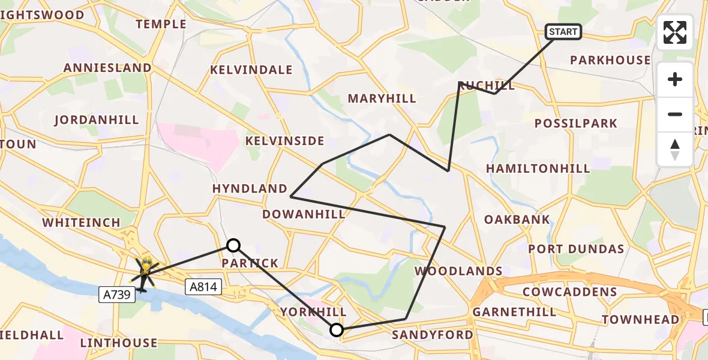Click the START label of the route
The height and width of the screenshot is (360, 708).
coord(563,32)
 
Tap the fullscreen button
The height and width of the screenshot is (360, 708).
coord(675,32)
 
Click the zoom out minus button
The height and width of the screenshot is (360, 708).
coord(675,114)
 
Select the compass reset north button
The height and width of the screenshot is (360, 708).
coord(675,149)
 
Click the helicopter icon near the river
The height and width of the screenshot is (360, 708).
coord(145,273)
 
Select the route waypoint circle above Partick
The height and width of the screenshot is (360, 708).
coord(233,245)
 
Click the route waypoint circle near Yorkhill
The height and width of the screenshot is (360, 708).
coord(337,329)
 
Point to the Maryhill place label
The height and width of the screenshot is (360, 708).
coord(382,98)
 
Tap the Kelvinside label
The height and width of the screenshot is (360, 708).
coord(284,141)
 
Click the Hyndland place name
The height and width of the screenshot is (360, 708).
coord(250,188)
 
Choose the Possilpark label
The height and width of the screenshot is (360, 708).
coord(576,124)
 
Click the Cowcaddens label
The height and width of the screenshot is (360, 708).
coord(569,292)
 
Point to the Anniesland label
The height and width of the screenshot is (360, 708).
coord(108,68)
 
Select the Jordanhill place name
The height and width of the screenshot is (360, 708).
coord(97,120)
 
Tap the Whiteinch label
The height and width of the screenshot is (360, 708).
coord(81,223)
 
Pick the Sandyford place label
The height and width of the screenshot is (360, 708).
coord(433,335)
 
